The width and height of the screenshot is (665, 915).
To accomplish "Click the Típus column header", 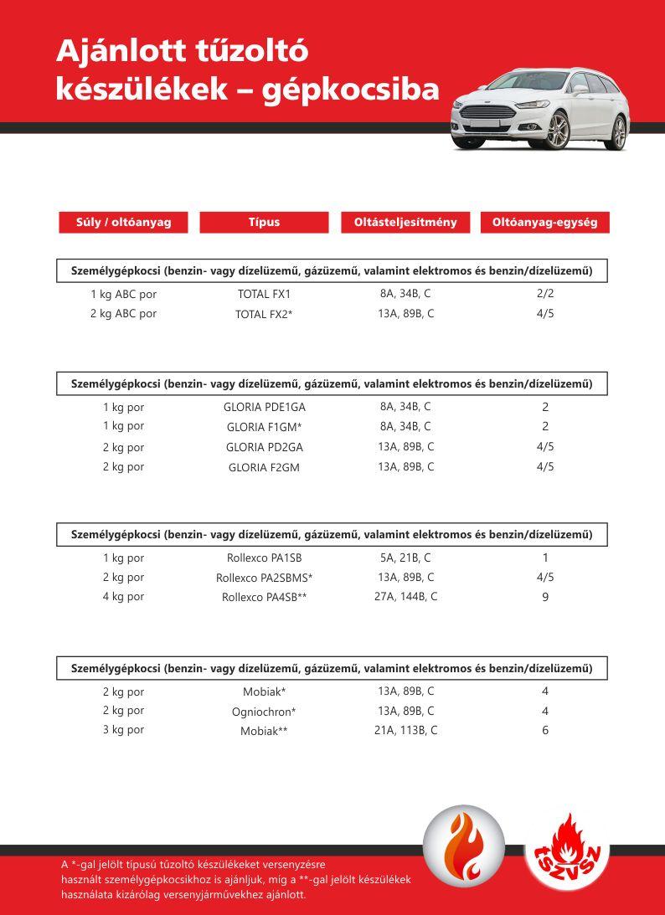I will coord(264,223).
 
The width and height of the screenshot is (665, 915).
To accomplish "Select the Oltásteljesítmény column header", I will coord(405,223).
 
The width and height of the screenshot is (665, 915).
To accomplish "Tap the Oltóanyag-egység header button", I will coord(544,223).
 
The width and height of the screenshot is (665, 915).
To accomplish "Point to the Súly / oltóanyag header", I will coord(123,223).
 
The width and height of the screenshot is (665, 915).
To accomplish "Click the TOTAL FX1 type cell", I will coord(264,295).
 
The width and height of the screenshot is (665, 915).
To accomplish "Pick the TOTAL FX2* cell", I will coord(264,315).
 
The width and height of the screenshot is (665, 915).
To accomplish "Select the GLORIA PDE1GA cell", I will coord(264,407).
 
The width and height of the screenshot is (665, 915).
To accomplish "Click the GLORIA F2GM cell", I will coord(264,468).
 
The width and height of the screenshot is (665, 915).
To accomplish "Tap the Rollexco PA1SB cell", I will coord(264,558).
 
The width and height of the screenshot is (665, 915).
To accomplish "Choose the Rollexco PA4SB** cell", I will coord(264,598).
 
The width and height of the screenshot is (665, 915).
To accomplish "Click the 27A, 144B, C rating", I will coord(405,597).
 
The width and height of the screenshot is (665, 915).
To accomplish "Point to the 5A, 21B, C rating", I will coord(405,558).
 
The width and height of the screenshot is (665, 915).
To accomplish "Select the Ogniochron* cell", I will coord(264,712).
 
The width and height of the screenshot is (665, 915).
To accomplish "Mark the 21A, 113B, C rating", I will coord(405,730).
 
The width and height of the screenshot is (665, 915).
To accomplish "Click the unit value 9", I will coord(545,598).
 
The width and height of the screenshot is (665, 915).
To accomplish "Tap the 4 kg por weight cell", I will coord(123,597).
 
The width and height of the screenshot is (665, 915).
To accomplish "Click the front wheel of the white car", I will coord(557,131).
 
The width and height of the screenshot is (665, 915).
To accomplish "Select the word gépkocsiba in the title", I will coord(350,90).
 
